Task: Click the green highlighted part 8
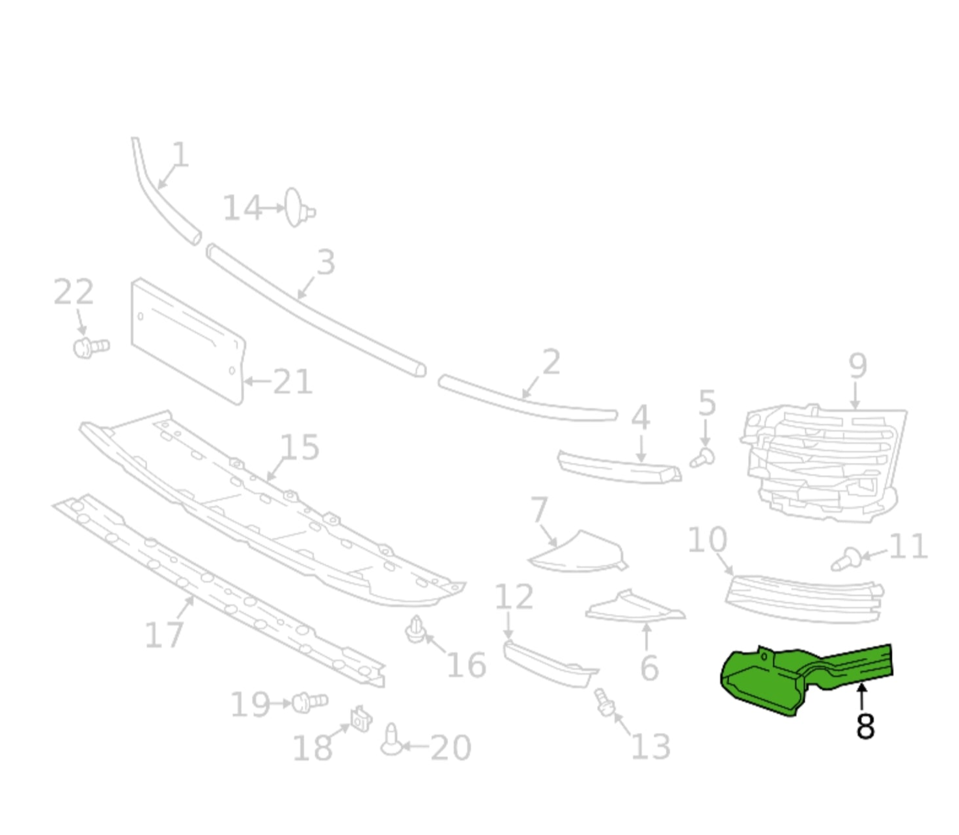[768, 683]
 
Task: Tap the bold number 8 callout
[865, 726]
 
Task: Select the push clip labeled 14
[298, 208]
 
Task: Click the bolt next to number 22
[90, 347]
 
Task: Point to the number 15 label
[299, 448]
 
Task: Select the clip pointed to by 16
[415, 629]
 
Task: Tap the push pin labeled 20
[391, 741]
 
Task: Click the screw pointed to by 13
[604, 702]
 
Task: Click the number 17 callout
[164, 634]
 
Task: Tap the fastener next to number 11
[846, 559]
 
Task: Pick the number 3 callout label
[326, 262]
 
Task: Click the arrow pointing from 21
[257, 381]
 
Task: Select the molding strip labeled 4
[618, 466]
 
